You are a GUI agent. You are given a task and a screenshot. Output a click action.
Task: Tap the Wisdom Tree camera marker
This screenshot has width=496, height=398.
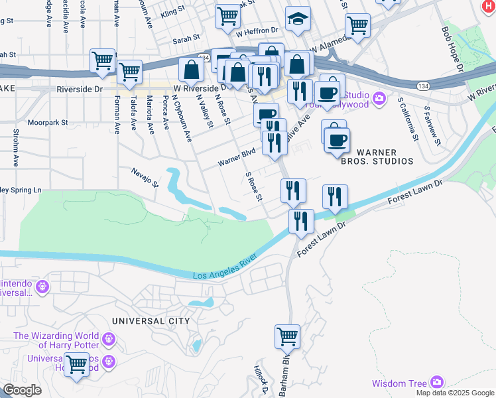point(436,382)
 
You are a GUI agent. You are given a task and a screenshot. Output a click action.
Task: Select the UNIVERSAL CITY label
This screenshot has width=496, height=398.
point(151,321)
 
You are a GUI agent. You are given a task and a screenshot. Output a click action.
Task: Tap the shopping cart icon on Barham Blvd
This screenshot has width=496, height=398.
point(287,336)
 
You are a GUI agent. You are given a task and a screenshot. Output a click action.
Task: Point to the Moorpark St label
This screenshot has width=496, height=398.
point(48,123)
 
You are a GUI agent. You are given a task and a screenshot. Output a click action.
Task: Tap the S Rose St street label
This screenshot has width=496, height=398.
point(254,187)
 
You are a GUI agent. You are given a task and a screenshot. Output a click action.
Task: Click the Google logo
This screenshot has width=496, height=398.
point(23,390)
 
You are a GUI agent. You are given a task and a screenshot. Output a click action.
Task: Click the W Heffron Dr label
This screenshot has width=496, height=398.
point(259,30)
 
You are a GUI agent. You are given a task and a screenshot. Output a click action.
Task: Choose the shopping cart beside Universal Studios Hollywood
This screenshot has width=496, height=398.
point(77,364)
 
